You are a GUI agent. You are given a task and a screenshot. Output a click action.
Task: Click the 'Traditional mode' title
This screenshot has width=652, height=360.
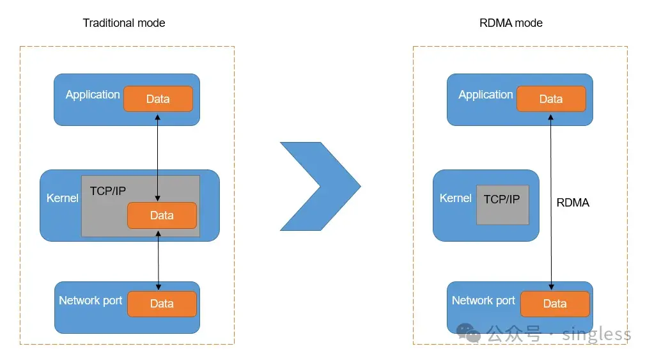[x=124, y=23]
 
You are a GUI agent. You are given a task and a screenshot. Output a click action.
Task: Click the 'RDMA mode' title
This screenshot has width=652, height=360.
[x=511, y=23]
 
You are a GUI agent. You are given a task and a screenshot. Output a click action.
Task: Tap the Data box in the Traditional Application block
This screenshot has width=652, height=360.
[x=158, y=99]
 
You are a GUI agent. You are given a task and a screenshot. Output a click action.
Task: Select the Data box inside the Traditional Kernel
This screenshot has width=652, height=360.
[x=162, y=215]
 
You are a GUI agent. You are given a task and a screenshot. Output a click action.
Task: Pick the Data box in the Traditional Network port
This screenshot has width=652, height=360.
[x=162, y=304]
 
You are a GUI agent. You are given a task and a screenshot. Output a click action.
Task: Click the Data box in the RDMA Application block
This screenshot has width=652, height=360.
[x=551, y=99]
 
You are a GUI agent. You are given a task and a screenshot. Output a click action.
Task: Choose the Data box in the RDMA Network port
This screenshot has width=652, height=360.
[x=555, y=304]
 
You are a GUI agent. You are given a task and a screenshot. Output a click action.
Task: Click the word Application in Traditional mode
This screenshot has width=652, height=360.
[x=93, y=95]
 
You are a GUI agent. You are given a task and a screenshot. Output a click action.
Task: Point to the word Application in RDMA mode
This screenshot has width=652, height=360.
[x=486, y=95]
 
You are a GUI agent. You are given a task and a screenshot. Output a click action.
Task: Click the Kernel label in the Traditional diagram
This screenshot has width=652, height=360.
[x=63, y=198]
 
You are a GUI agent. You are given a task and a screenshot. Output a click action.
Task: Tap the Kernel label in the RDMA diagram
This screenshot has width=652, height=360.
[x=456, y=198]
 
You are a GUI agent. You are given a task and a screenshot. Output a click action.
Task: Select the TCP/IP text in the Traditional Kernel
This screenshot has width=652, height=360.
[x=108, y=191]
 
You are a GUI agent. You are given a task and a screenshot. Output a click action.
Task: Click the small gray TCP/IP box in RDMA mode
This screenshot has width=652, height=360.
[x=502, y=205]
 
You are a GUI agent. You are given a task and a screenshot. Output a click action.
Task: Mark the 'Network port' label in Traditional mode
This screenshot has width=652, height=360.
[x=90, y=301]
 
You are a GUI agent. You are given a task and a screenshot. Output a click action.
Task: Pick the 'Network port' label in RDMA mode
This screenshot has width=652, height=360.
[x=483, y=301]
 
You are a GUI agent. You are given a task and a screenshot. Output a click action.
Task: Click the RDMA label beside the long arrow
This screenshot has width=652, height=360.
[x=573, y=203]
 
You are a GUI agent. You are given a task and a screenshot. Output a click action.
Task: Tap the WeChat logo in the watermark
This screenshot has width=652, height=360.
[x=468, y=333]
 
